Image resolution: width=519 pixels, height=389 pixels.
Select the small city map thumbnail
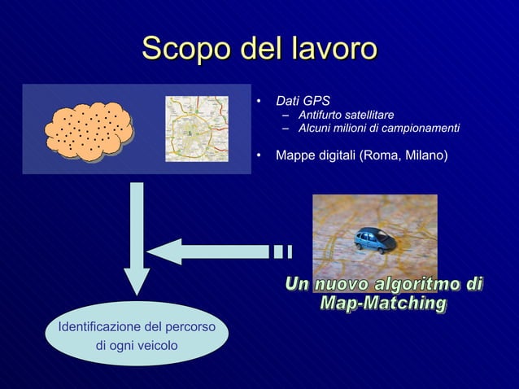pos(196,129)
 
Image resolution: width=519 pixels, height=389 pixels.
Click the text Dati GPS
pos(303,102)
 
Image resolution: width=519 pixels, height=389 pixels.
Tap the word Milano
pos(424,153)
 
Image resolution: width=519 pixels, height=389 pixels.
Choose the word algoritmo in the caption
pos(415,284)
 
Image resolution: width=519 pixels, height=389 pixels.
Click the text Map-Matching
pos(383,304)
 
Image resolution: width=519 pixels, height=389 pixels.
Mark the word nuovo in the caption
pos(341,284)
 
